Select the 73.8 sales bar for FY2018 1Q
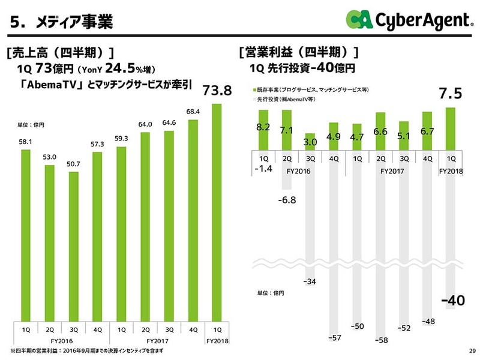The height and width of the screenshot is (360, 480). pos(217,213)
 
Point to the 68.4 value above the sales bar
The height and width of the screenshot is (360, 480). pos(193,112)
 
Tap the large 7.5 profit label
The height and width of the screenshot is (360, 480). pos(450,94)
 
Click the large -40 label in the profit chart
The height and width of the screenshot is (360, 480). pos(452,301)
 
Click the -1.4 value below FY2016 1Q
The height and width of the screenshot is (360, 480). pos(263,168)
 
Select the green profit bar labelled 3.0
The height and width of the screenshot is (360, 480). pos(310,141)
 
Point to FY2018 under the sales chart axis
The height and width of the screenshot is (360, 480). pos(217,340)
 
